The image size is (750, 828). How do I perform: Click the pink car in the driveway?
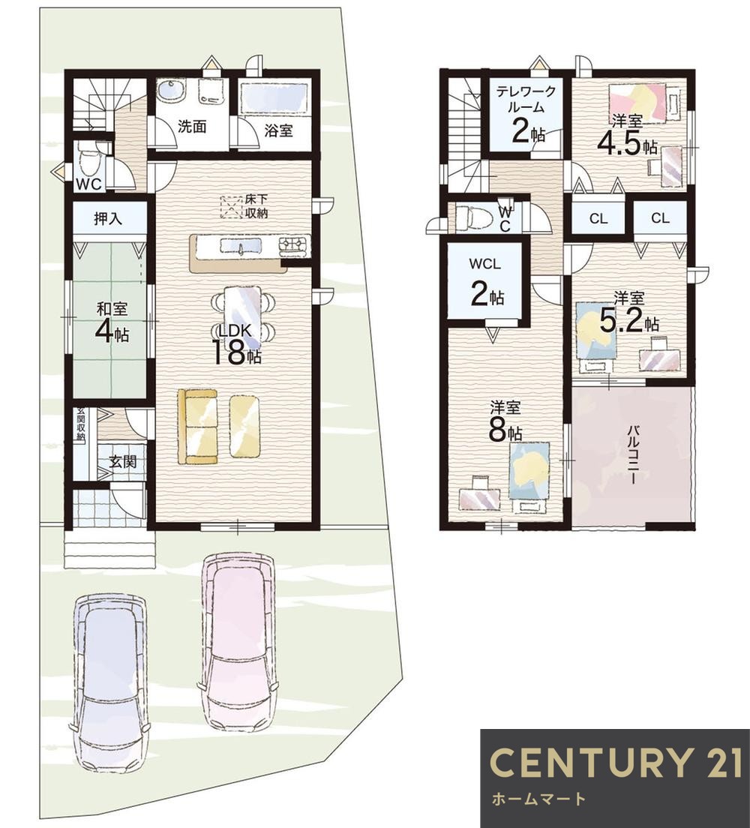238,641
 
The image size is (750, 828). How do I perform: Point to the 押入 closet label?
108,218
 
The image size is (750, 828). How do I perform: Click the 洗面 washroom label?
192,127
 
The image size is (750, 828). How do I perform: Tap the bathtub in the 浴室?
274,97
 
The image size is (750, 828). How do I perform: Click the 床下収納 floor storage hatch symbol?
230,206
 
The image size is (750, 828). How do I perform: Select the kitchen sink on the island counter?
240,247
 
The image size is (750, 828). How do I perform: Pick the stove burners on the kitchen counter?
294,244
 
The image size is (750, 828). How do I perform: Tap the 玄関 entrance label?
123,461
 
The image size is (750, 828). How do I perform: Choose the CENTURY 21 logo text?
615,763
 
